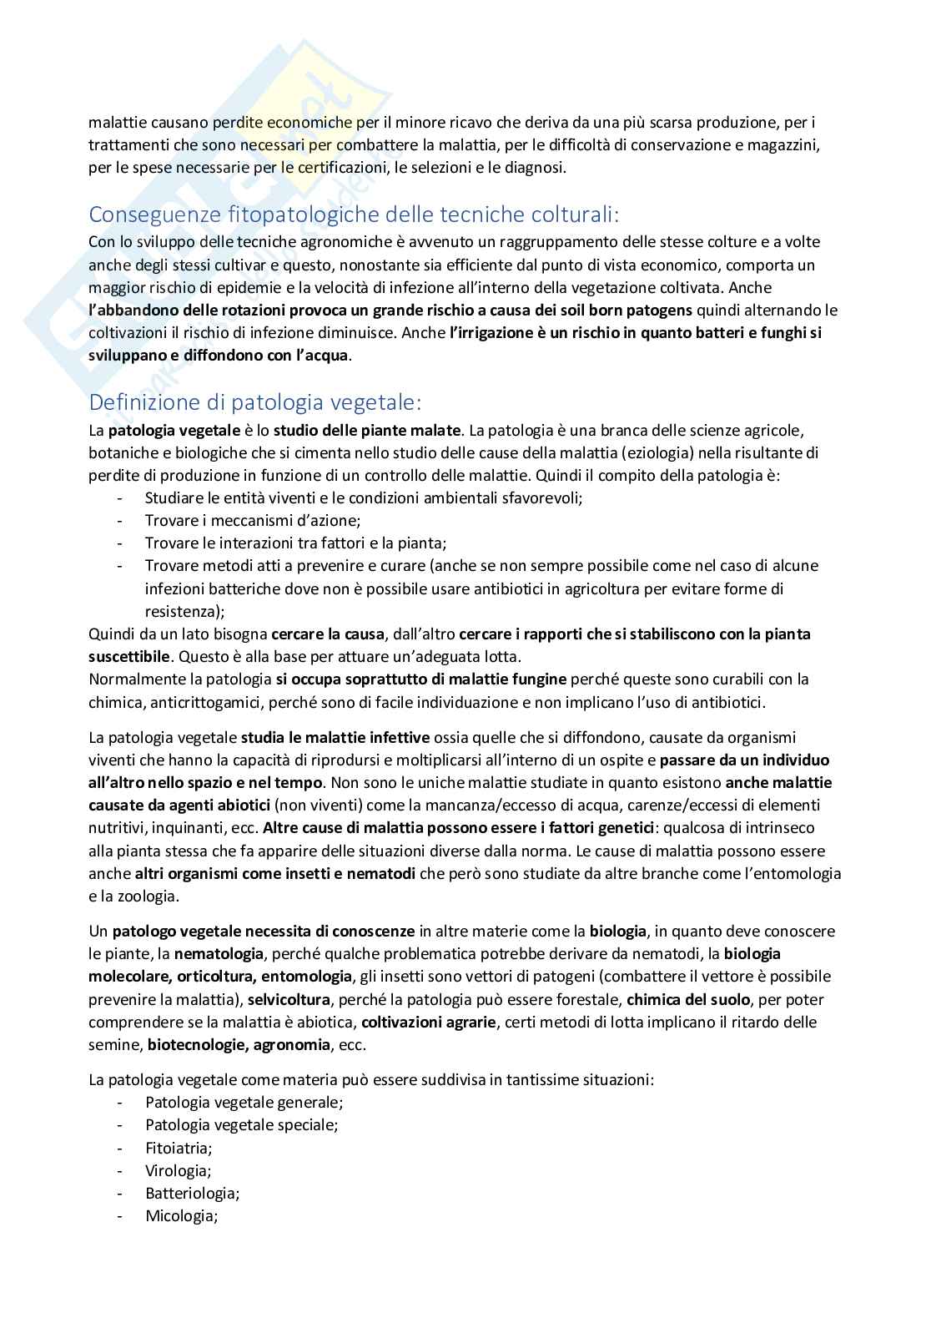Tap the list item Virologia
click(x=177, y=1170)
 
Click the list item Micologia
click(x=181, y=1216)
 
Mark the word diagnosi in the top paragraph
click(x=536, y=168)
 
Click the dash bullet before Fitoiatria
click(x=123, y=1148)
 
